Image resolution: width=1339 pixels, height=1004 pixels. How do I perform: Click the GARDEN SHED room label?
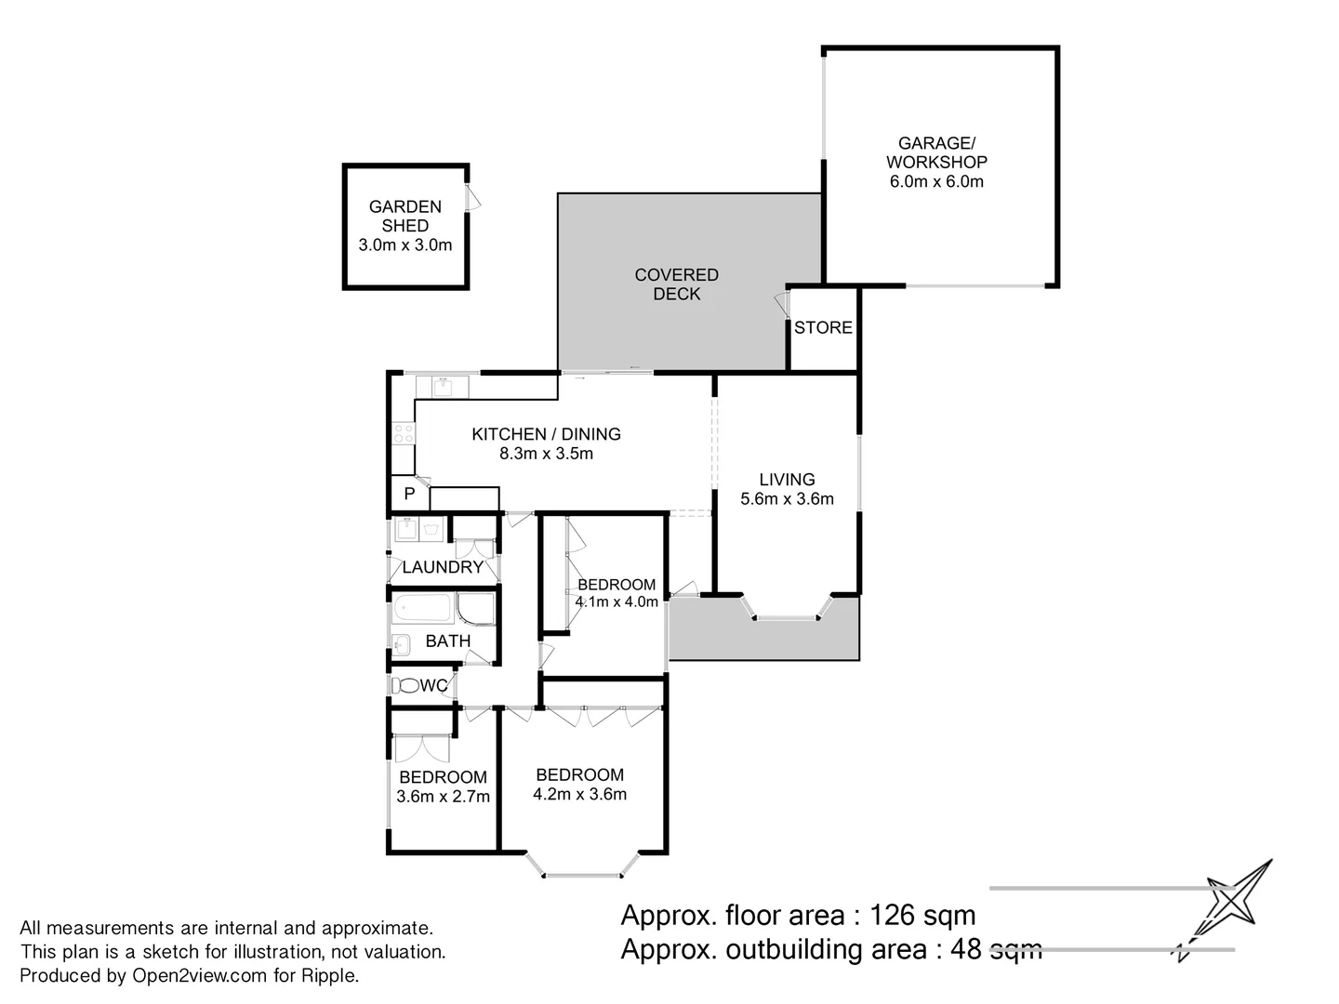[x=405, y=216]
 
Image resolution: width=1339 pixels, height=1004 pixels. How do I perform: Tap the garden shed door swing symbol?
[x=472, y=197]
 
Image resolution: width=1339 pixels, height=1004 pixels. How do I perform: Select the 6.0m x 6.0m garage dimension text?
[x=936, y=181]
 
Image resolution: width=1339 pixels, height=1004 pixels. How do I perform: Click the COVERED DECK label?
[x=677, y=284]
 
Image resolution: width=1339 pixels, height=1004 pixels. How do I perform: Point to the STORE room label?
[x=823, y=327]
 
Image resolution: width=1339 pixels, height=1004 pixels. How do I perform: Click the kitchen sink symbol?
[x=443, y=387]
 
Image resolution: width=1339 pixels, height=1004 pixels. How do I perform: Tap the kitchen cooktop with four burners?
[x=404, y=433]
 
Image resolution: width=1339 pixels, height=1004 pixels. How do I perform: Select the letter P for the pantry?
[x=409, y=493]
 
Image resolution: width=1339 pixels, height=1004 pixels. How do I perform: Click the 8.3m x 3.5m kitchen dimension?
[x=546, y=453]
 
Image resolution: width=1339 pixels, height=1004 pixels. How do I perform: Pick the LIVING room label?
[x=787, y=479]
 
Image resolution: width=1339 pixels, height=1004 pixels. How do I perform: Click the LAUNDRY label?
[x=443, y=567]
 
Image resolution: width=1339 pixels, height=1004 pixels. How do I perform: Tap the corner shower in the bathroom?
[x=474, y=608]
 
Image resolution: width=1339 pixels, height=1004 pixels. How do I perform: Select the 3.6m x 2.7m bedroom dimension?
[x=443, y=796]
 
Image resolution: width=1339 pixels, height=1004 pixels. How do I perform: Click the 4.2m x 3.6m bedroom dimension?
[x=579, y=794]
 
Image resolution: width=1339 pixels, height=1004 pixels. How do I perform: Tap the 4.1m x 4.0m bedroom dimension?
[x=616, y=601]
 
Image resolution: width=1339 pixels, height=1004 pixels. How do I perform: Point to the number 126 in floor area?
[x=891, y=915]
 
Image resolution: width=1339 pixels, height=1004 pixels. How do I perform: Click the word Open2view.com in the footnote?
[x=200, y=975]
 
